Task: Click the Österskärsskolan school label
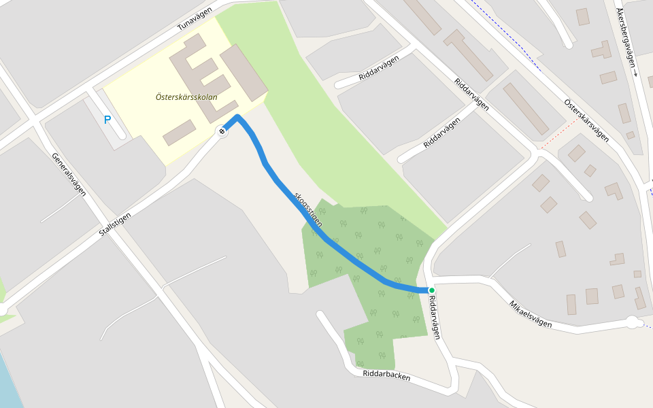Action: (x=186, y=97)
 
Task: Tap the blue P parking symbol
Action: (x=107, y=120)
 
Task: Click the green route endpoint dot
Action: (x=431, y=290)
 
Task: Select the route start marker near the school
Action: (x=222, y=131)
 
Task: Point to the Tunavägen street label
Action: (x=195, y=18)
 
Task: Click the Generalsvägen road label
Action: (x=69, y=174)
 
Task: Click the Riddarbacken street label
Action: (x=386, y=375)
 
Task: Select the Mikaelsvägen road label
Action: (x=531, y=314)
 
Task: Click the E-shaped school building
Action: (x=204, y=75)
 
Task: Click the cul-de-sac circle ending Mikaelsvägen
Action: (x=633, y=322)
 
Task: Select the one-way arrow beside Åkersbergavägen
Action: (x=635, y=73)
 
